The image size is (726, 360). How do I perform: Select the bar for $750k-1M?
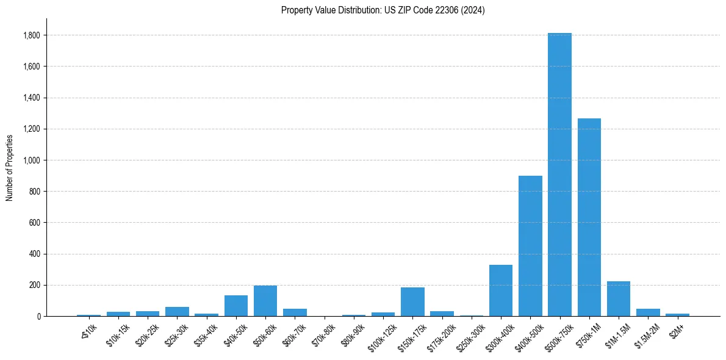pyautogui.click(x=589, y=217)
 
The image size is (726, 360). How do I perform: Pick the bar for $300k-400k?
pyautogui.click(x=501, y=290)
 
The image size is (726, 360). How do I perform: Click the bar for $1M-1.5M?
pyautogui.click(x=619, y=299)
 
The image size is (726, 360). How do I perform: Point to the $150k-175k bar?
pyautogui.click(x=412, y=302)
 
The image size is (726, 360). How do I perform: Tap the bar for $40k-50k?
pyautogui.click(x=236, y=306)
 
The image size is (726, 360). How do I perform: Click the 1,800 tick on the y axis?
pyautogui.click(x=32, y=35)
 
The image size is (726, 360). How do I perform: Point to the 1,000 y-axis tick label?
pyautogui.click(x=32, y=160)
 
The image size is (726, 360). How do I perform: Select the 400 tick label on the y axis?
pyautogui.click(x=35, y=254)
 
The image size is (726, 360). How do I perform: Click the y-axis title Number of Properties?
pyautogui.click(x=9, y=167)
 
